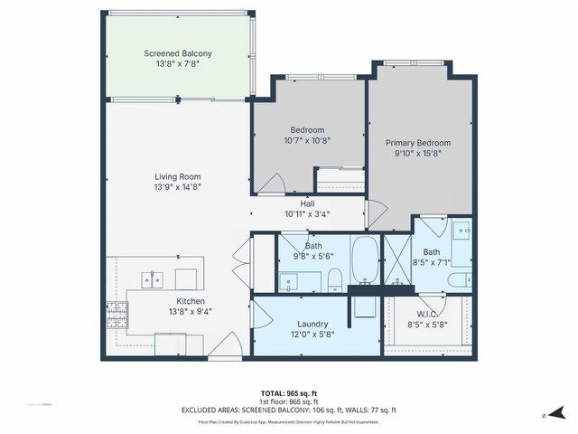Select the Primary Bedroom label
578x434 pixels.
tap(417, 143)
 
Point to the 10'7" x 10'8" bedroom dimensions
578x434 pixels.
tap(307, 140)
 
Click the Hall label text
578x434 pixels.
tap(307, 204)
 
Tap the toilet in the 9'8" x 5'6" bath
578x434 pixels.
tap(333, 277)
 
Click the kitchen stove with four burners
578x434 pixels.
tap(117, 315)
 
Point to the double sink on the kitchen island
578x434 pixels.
tap(153, 277)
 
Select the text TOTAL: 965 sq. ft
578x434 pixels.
tap(288, 393)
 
